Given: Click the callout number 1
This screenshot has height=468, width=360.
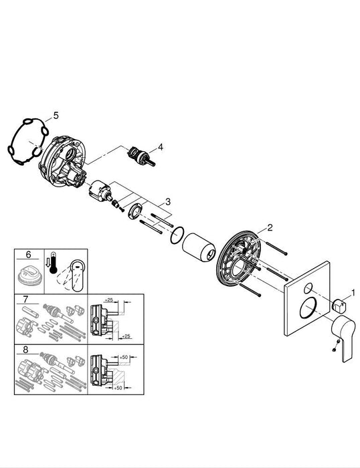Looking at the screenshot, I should [x=355, y=292].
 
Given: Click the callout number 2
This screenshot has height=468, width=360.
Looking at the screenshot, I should [x=270, y=227].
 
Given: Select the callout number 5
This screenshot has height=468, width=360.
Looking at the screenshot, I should [x=56, y=115].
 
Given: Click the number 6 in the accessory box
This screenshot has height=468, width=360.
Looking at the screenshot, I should [x=28, y=255].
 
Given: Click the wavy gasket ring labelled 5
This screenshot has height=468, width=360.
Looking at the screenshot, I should [x=27, y=142].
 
